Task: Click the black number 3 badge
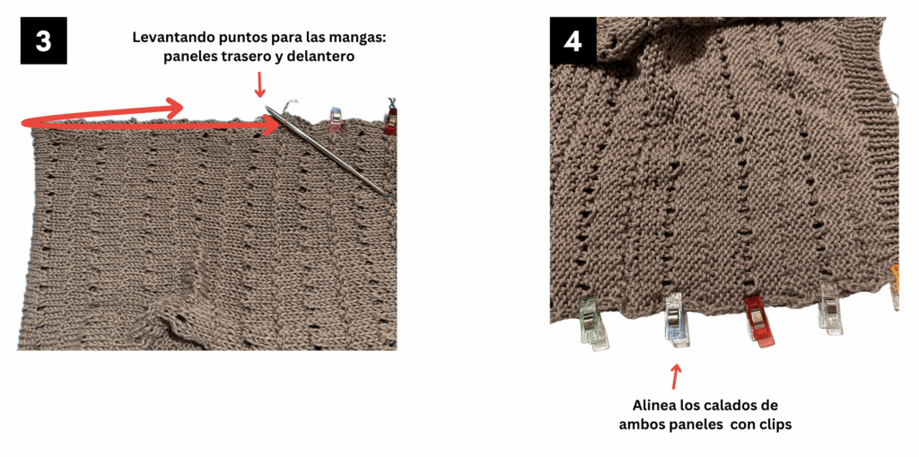click(44, 40)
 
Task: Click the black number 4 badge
click(573, 40)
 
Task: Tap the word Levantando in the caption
click(170, 38)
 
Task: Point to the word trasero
click(244, 57)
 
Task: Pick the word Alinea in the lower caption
click(654, 406)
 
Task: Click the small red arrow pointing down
click(259, 85)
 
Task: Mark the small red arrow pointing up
click(676, 376)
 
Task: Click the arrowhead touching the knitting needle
click(269, 125)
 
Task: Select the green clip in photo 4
click(593, 323)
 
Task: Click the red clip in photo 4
click(757, 321)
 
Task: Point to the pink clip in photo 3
click(335, 119)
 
